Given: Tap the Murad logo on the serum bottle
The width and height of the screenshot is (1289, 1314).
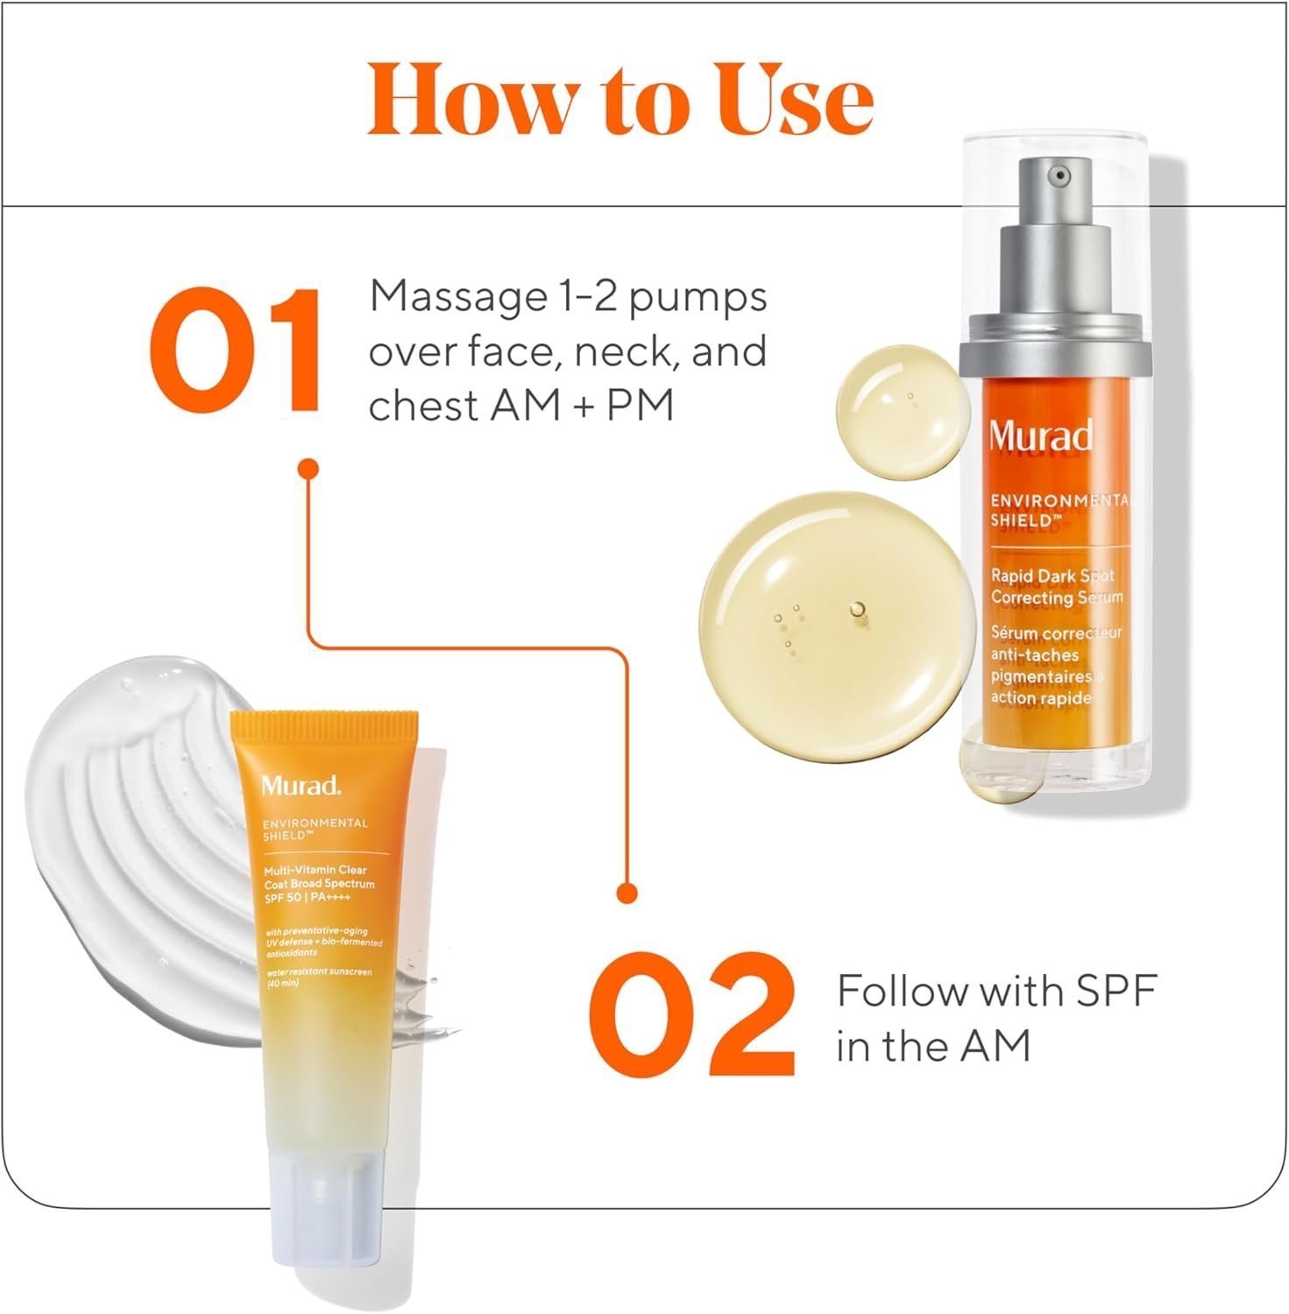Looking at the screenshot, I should (1041, 435).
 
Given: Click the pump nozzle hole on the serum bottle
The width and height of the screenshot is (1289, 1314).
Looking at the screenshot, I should (1061, 175).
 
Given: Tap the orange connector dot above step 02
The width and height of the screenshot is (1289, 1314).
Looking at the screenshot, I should (627, 894).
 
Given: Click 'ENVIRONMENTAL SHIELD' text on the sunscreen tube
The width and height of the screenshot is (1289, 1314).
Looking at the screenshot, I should (315, 829).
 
